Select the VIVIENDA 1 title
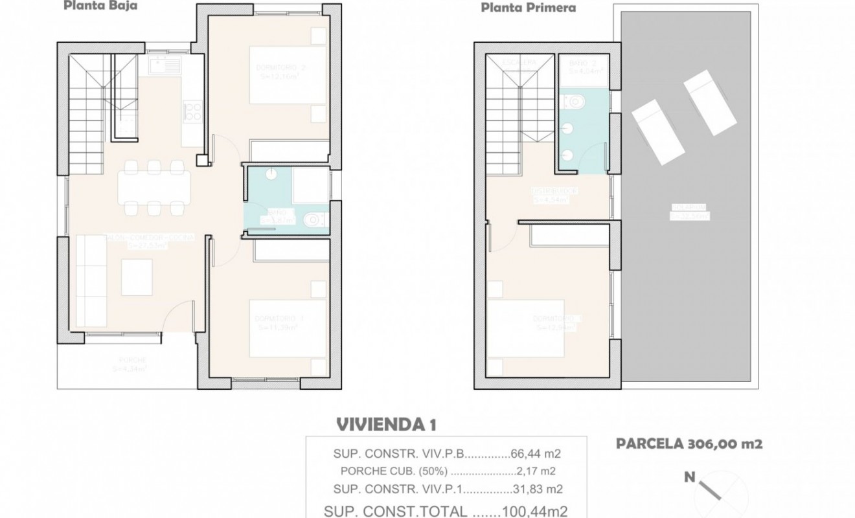pyautogui.click(x=386, y=425)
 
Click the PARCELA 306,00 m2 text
pyautogui.click(x=687, y=444)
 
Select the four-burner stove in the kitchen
pyautogui.click(x=192, y=111)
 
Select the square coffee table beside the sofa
pyautogui.click(x=137, y=277)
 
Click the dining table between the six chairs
pyautogui.click(x=154, y=188)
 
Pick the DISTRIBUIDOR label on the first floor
pyautogui.click(x=551, y=192)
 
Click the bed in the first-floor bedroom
pyautogui.click(x=526, y=328)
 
